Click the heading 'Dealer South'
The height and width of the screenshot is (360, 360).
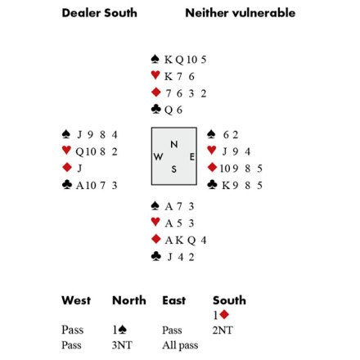coord(99,13)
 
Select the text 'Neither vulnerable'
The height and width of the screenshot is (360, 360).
coord(240,13)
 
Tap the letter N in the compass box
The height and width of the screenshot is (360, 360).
coord(174,144)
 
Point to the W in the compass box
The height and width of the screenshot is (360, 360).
coord(158,157)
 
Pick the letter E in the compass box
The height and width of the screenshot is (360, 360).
coord(192,157)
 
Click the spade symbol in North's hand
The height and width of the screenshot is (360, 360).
coord(155,59)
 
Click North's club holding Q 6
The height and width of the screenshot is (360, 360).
coord(173,110)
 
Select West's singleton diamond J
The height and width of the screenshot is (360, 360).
coord(79,168)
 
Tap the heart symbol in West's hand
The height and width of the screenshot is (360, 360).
coord(66,150)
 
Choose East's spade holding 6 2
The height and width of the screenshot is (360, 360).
coord(231,134)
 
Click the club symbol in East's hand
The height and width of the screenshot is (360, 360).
coord(212,185)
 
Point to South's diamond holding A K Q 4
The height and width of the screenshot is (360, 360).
coord(186,240)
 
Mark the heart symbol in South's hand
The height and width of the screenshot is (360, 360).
coord(155,222)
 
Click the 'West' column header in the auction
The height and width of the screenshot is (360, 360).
coord(76,300)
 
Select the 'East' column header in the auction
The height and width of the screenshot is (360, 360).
coord(174,300)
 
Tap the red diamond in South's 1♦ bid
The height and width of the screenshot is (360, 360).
coord(224,314)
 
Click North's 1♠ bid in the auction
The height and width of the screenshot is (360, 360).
coord(119,330)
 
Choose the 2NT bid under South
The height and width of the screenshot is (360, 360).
coord(223,330)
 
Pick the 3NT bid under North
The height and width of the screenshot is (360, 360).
coord(122,345)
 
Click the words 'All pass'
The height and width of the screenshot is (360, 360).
coord(180,345)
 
